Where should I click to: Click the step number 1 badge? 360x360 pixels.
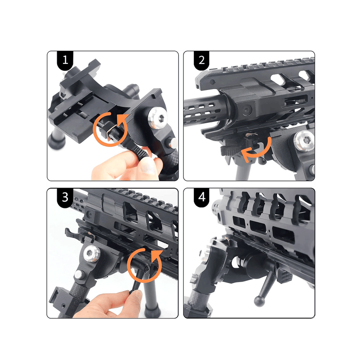click(x=65, y=60)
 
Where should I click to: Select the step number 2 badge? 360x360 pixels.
click(x=202, y=60)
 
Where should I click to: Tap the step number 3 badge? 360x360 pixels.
click(x=65, y=198)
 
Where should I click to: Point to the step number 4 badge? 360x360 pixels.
click(x=202, y=198)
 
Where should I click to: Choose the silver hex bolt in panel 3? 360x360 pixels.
click(x=91, y=254)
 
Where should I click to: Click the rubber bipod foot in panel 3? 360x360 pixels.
click(x=152, y=310)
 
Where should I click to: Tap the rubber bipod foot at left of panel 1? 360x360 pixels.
click(x=56, y=141)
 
